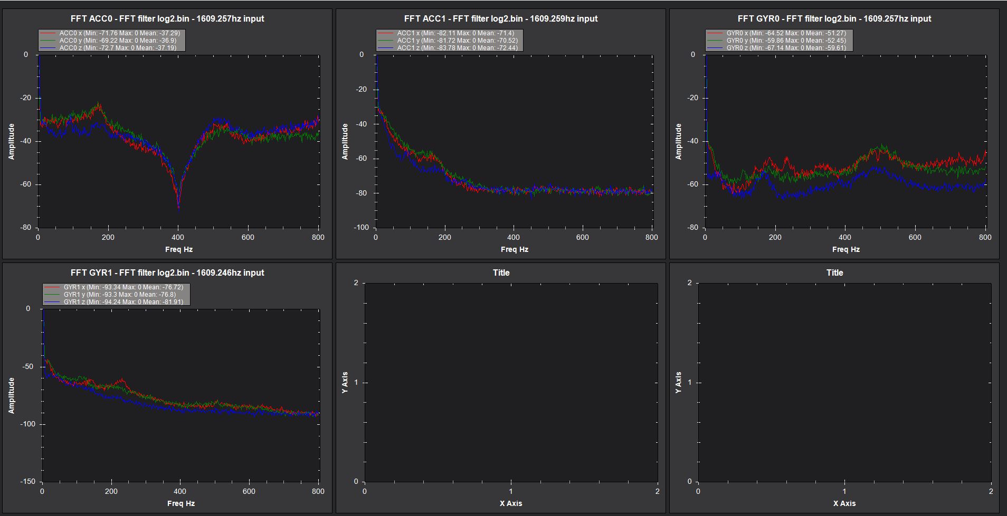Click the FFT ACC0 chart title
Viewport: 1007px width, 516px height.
pos(167,18)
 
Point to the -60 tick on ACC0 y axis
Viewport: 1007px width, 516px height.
pos(26,184)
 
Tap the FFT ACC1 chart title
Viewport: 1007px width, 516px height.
pos(500,18)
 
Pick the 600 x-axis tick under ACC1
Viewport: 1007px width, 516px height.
pos(582,237)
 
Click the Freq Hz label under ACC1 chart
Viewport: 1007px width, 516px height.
pos(514,249)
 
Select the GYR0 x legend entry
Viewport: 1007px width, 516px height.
pos(778,33)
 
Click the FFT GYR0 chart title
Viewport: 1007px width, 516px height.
pos(834,18)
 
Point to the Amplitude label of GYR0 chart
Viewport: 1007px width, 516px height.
pos(678,141)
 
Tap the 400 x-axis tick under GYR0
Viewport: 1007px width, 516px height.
pos(845,237)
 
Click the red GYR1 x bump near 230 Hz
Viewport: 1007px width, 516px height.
pos(122,380)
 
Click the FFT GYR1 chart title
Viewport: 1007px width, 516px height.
pos(167,272)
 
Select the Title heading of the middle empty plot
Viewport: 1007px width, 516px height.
pos(501,272)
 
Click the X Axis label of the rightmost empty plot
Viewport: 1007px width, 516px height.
pos(844,503)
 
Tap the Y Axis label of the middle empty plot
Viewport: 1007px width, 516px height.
pos(345,383)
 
